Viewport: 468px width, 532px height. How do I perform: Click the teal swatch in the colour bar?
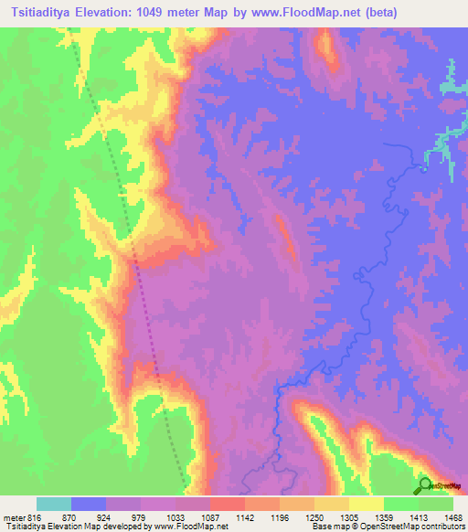54,504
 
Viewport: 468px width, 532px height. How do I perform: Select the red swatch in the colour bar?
227,504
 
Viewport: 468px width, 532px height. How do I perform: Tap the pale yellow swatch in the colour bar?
367,504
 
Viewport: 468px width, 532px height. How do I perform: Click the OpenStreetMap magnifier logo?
425,484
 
